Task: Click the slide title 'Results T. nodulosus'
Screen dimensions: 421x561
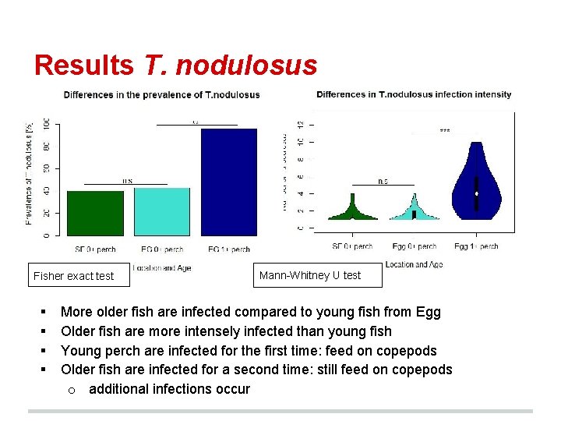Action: (175, 65)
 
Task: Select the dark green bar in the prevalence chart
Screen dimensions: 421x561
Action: (95, 213)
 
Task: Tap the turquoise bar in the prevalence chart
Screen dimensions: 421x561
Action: (162, 211)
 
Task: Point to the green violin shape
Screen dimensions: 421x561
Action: (353, 211)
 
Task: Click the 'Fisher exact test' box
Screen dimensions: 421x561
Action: (74, 276)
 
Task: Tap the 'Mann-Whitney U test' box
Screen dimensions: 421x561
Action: (310, 275)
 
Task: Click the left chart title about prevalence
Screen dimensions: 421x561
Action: (161, 95)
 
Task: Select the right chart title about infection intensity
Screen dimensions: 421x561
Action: (414, 94)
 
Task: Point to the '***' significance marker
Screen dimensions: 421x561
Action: (444, 131)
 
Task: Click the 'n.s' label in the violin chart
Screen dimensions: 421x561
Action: (383, 181)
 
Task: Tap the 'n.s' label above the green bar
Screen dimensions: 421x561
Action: (126, 181)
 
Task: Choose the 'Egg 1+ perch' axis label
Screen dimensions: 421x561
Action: (476, 246)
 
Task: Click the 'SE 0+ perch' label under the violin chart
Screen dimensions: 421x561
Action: (355, 246)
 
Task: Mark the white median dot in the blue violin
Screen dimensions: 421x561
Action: (476, 193)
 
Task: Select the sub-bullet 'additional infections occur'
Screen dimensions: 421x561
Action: (169, 389)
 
